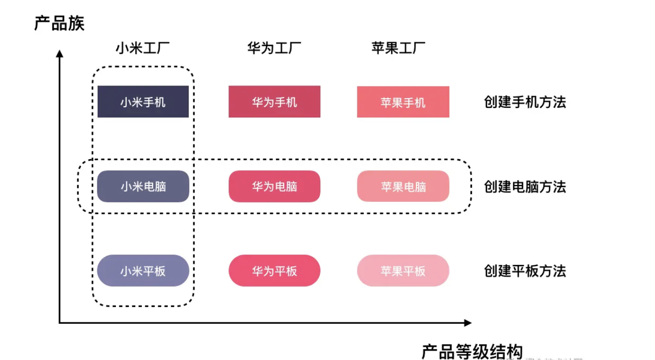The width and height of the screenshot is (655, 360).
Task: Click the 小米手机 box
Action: point(143,102)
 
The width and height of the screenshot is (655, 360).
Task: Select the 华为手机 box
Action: point(274,102)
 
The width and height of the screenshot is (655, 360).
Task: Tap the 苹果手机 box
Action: point(403,102)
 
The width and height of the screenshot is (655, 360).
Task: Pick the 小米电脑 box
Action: point(143,186)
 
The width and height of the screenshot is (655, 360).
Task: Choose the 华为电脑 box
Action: point(274,186)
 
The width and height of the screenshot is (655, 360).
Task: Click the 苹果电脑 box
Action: point(403,186)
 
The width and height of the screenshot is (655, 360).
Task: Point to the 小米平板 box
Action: point(143,271)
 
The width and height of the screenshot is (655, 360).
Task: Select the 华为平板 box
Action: point(274,271)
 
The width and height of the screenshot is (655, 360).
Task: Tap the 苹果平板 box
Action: point(403,271)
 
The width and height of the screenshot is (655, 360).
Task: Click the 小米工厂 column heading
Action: point(142,48)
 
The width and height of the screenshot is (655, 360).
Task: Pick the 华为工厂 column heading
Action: point(274,48)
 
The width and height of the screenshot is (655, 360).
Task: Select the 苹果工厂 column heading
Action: point(398,48)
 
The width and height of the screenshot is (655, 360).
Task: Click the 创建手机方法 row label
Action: point(525,102)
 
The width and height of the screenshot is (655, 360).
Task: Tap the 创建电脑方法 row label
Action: point(525,187)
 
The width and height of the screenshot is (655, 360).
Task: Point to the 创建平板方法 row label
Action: point(525,271)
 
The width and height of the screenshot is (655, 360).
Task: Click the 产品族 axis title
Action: point(59,23)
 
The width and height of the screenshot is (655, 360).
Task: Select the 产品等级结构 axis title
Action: point(472,351)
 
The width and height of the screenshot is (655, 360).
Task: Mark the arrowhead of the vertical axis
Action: point(59,53)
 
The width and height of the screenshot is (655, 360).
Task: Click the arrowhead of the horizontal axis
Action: point(467,322)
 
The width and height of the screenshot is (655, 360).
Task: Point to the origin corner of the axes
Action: point(60,322)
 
